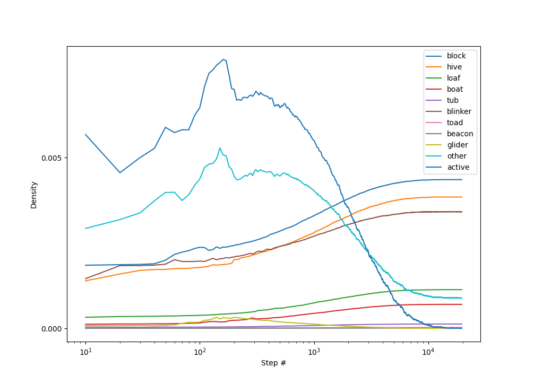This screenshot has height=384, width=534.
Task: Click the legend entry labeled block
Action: pyautogui.click(x=456, y=56)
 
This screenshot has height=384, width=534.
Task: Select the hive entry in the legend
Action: pyautogui.click(x=454, y=67)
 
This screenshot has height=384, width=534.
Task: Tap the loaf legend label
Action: pyautogui.click(x=453, y=78)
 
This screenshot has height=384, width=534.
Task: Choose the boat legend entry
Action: pyautogui.click(x=454, y=89)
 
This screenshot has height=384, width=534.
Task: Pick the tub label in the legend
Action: pyautogui.click(x=452, y=100)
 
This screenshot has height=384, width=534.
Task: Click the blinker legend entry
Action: pyautogui.click(x=459, y=111)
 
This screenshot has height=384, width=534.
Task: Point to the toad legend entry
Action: pyautogui.click(x=454, y=123)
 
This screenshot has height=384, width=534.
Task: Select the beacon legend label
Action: pyautogui.click(x=460, y=134)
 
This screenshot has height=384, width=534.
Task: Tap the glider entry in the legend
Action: pyautogui.click(x=457, y=145)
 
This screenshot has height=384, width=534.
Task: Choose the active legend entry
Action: pyautogui.click(x=458, y=167)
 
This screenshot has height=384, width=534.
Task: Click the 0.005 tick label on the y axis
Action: pyautogui.click(x=53, y=158)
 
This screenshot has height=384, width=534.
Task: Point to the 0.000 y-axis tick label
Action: pyautogui.click(x=53, y=328)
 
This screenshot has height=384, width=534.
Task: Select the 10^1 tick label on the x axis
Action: pyautogui.click(x=85, y=352)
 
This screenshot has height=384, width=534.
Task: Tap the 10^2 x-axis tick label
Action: pyautogui.click(x=200, y=352)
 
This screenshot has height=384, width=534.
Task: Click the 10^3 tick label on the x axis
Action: pyautogui.click(x=314, y=352)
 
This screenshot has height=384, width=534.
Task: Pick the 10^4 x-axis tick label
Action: pyautogui.click(x=428, y=352)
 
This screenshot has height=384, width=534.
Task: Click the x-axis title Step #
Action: pyautogui.click(x=273, y=363)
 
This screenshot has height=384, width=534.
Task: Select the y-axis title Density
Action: pyautogui.click(x=34, y=195)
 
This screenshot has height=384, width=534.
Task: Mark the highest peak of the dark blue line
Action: pyautogui.click(x=224, y=59)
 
